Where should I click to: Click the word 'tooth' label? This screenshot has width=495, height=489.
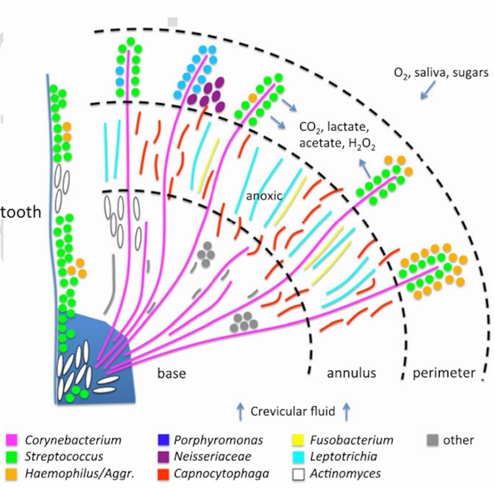(x=20, y=212)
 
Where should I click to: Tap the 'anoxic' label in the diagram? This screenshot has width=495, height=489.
(x=264, y=196)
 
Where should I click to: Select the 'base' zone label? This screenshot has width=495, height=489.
(x=171, y=373)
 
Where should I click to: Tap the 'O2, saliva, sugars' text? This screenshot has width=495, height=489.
(x=441, y=73)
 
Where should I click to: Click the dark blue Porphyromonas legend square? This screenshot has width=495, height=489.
(x=163, y=440)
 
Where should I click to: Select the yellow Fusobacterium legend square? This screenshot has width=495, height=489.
(x=298, y=440)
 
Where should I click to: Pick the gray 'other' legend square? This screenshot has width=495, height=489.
(x=433, y=440)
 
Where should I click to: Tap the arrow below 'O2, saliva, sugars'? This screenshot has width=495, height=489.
(x=428, y=90)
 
